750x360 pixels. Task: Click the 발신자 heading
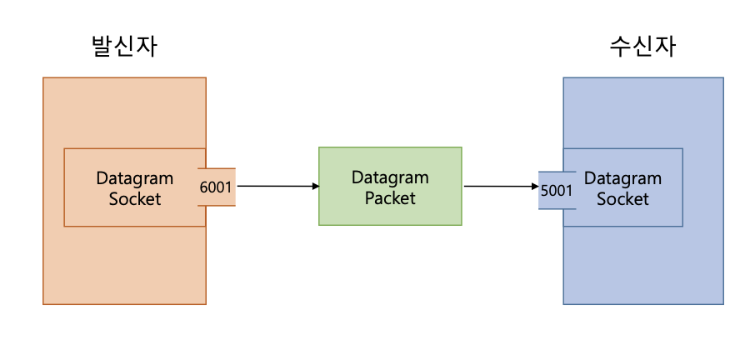124,47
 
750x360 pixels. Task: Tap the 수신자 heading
642,47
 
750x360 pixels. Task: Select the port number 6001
217,187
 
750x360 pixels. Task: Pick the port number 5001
556,191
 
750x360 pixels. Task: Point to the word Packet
390,198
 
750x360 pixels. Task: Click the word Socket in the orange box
135,199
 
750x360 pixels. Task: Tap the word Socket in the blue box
622,199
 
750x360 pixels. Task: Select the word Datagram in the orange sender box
135,178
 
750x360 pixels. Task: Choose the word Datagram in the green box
390,177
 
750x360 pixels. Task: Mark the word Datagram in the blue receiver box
622,178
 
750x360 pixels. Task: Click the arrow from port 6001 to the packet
275,186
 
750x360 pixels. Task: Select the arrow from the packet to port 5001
500,186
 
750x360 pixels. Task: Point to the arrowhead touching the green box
314,186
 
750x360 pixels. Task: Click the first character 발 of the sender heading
102,47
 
